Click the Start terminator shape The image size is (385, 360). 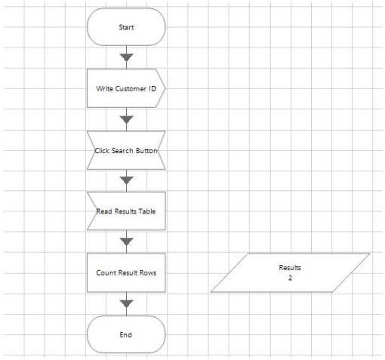[x=126, y=27]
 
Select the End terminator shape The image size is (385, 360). [x=126, y=334]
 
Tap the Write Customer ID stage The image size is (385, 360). [x=126, y=88]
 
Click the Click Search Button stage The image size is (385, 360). [x=126, y=150]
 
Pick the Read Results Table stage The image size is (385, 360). [x=126, y=211]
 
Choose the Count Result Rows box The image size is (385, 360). [x=126, y=272]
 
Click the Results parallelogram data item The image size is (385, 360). [x=290, y=272]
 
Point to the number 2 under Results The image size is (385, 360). [x=290, y=278]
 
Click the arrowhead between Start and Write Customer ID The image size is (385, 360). [x=126, y=57]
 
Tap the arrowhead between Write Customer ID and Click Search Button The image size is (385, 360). [x=126, y=120]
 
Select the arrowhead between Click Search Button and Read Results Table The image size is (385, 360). [x=126, y=180]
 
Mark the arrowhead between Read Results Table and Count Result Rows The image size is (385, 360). [x=126, y=242]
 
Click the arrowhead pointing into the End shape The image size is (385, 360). [x=126, y=304]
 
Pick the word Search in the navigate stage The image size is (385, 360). [x=122, y=151]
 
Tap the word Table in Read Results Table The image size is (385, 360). [x=147, y=211]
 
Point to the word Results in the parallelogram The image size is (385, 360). [x=290, y=268]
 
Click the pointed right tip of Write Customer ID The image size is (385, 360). [x=165, y=88]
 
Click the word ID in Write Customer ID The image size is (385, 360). [x=152, y=88]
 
